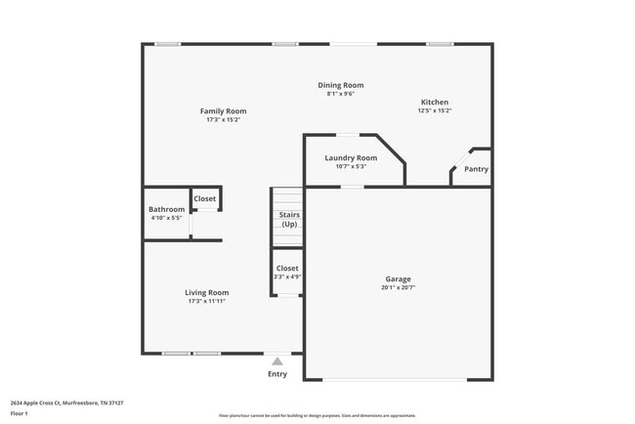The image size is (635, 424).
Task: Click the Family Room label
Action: [x=223, y=111]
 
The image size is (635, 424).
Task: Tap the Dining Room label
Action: [x=340, y=86]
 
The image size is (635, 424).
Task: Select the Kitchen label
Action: [x=435, y=103]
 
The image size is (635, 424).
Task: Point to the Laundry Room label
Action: [x=351, y=158]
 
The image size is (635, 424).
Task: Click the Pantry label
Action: [x=476, y=169]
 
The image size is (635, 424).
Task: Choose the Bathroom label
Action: [x=166, y=209]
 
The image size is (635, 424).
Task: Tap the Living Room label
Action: [x=207, y=292]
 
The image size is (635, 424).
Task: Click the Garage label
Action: [x=398, y=278]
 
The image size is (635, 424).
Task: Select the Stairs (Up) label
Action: [x=289, y=220]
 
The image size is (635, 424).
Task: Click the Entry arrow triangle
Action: [x=277, y=361]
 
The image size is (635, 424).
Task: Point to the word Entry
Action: [x=277, y=374]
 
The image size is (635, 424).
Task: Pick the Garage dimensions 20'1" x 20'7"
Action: [x=398, y=287]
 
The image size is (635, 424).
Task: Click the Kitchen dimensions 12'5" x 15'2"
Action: [x=435, y=111]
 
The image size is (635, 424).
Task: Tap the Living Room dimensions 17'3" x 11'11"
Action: [x=207, y=301]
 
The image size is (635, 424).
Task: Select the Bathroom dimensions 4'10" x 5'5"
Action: [x=166, y=218]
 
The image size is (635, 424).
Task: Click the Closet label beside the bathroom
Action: [x=205, y=199]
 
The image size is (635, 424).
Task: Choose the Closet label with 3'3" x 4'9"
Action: [x=287, y=268]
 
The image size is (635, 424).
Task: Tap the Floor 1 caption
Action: [x=20, y=413]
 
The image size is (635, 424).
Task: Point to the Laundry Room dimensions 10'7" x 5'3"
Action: [x=351, y=166]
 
